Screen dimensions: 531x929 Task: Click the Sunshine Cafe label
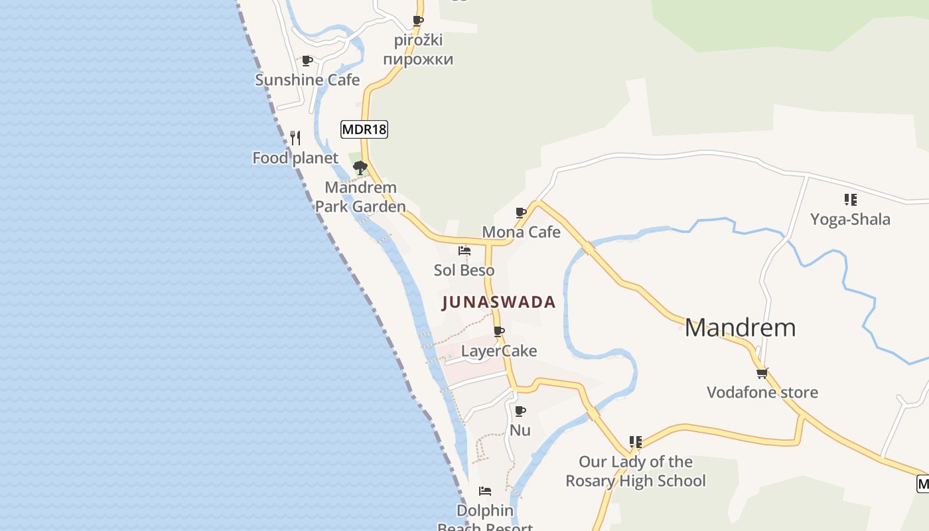(307, 80)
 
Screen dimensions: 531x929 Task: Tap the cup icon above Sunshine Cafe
(307, 61)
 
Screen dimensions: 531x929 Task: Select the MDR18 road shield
(364, 129)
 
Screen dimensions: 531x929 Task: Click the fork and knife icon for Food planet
(295, 138)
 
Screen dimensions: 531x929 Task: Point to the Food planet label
(295, 158)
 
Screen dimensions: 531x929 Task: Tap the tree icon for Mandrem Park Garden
(360, 168)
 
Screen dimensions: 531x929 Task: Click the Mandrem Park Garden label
(360, 197)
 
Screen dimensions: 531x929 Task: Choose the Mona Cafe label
(521, 232)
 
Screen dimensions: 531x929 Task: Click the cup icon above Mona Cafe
(521, 213)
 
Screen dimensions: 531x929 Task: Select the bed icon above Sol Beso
(464, 251)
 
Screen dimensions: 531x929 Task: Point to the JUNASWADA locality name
(498, 302)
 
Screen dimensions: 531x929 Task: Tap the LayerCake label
(499, 350)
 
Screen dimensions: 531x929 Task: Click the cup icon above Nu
(520, 412)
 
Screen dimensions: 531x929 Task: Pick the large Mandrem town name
(740, 327)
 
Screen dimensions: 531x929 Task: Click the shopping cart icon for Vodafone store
(762, 373)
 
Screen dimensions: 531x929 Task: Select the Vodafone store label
(762, 392)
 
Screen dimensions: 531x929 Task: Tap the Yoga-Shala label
(850, 219)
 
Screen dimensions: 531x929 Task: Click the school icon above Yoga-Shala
(850, 200)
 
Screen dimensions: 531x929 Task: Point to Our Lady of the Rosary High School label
(636, 471)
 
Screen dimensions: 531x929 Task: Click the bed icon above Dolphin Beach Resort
(485, 491)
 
